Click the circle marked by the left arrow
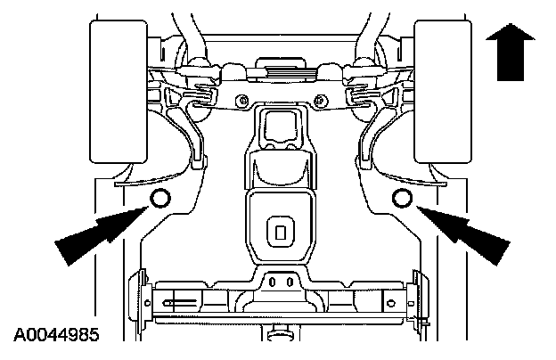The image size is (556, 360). click(160, 198)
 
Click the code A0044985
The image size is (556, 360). click(55, 337)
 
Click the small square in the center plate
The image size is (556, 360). click(281, 233)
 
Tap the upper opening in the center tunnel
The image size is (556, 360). click(280, 125)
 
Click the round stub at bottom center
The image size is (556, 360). click(280, 335)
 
